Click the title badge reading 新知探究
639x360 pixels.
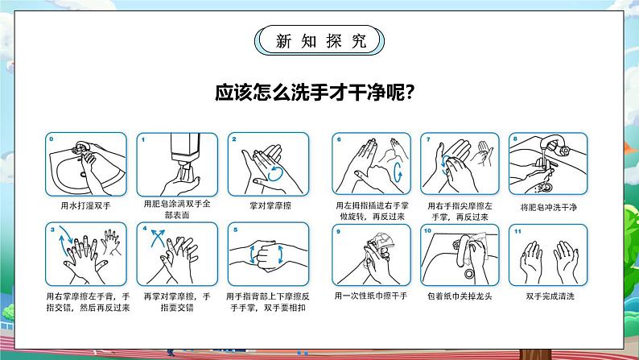[x=319, y=40]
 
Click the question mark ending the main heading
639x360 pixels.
[x=410, y=93]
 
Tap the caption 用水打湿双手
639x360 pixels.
[x=85, y=206]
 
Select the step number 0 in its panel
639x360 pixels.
[x=52, y=139]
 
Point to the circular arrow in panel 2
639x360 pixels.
[x=275, y=173]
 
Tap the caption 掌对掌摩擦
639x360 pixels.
[x=270, y=206]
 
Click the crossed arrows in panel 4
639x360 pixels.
[x=158, y=238]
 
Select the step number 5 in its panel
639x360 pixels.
[x=235, y=230]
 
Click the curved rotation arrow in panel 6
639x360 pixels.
[x=398, y=172]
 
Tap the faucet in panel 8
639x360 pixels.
[x=554, y=147]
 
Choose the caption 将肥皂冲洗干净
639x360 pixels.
[x=549, y=208]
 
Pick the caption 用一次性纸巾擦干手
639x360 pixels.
[x=371, y=296]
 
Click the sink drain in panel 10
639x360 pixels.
[x=469, y=273]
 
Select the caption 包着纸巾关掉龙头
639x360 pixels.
[x=460, y=296]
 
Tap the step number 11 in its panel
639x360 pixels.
[x=517, y=231]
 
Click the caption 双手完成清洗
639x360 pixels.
[x=550, y=296]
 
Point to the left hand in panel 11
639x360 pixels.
[x=531, y=261]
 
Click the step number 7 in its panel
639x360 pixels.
[x=428, y=139]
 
